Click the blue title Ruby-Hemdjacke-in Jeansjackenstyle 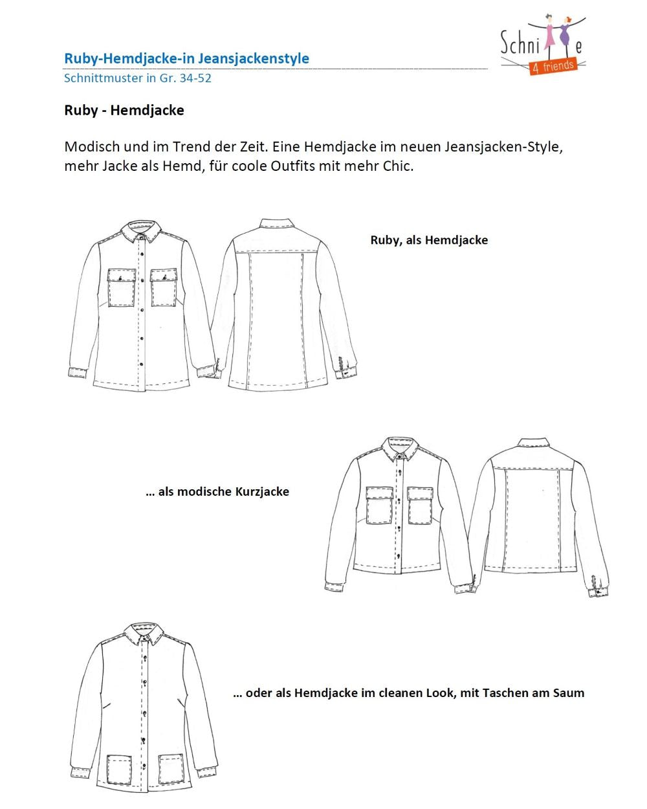click(186, 58)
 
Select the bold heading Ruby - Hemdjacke click(124, 110)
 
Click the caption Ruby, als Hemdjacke click(429, 240)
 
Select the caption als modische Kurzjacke click(217, 492)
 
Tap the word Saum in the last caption click(568, 693)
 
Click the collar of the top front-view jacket click(142, 234)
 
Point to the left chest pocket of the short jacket click(380, 505)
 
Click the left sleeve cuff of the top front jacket click(78, 372)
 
